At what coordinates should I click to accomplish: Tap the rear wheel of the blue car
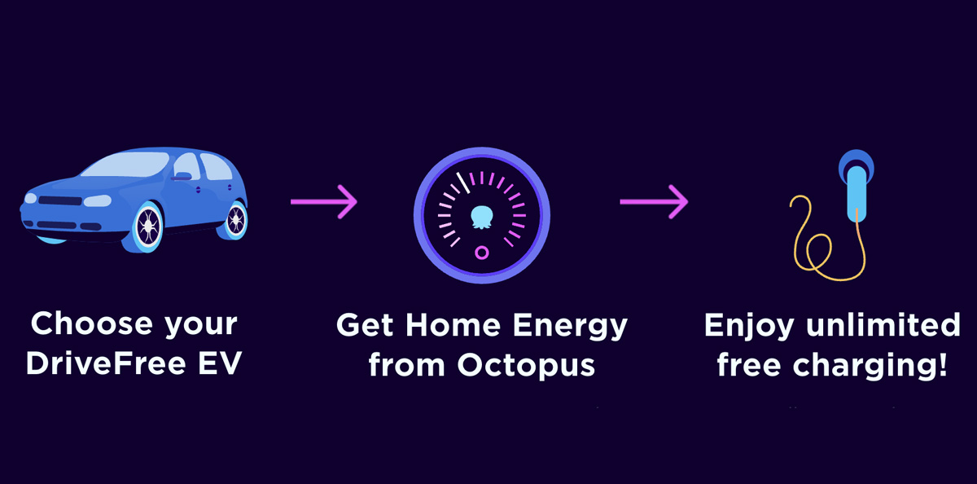click(236, 220)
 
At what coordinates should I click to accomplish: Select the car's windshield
click(125, 165)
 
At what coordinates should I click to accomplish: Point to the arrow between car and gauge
click(324, 201)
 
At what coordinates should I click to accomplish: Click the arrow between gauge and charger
click(654, 201)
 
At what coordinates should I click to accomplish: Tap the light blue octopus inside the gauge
click(482, 217)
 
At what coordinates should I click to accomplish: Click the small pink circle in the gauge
click(481, 253)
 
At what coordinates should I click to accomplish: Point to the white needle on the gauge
click(462, 183)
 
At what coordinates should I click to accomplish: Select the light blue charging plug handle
click(857, 194)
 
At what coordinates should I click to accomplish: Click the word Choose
click(91, 323)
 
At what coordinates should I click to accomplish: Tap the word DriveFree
click(106, 363)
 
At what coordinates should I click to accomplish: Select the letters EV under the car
click(220, 363)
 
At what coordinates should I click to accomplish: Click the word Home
click(453, 325)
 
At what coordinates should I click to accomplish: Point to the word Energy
click(570, 327)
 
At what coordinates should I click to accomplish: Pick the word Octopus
click(526, 366)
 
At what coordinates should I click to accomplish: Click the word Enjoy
click(749, 327)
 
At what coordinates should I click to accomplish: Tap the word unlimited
click(883, 324)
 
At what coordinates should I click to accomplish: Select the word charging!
click(870, 366)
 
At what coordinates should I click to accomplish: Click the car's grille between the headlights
click(59, 200)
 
